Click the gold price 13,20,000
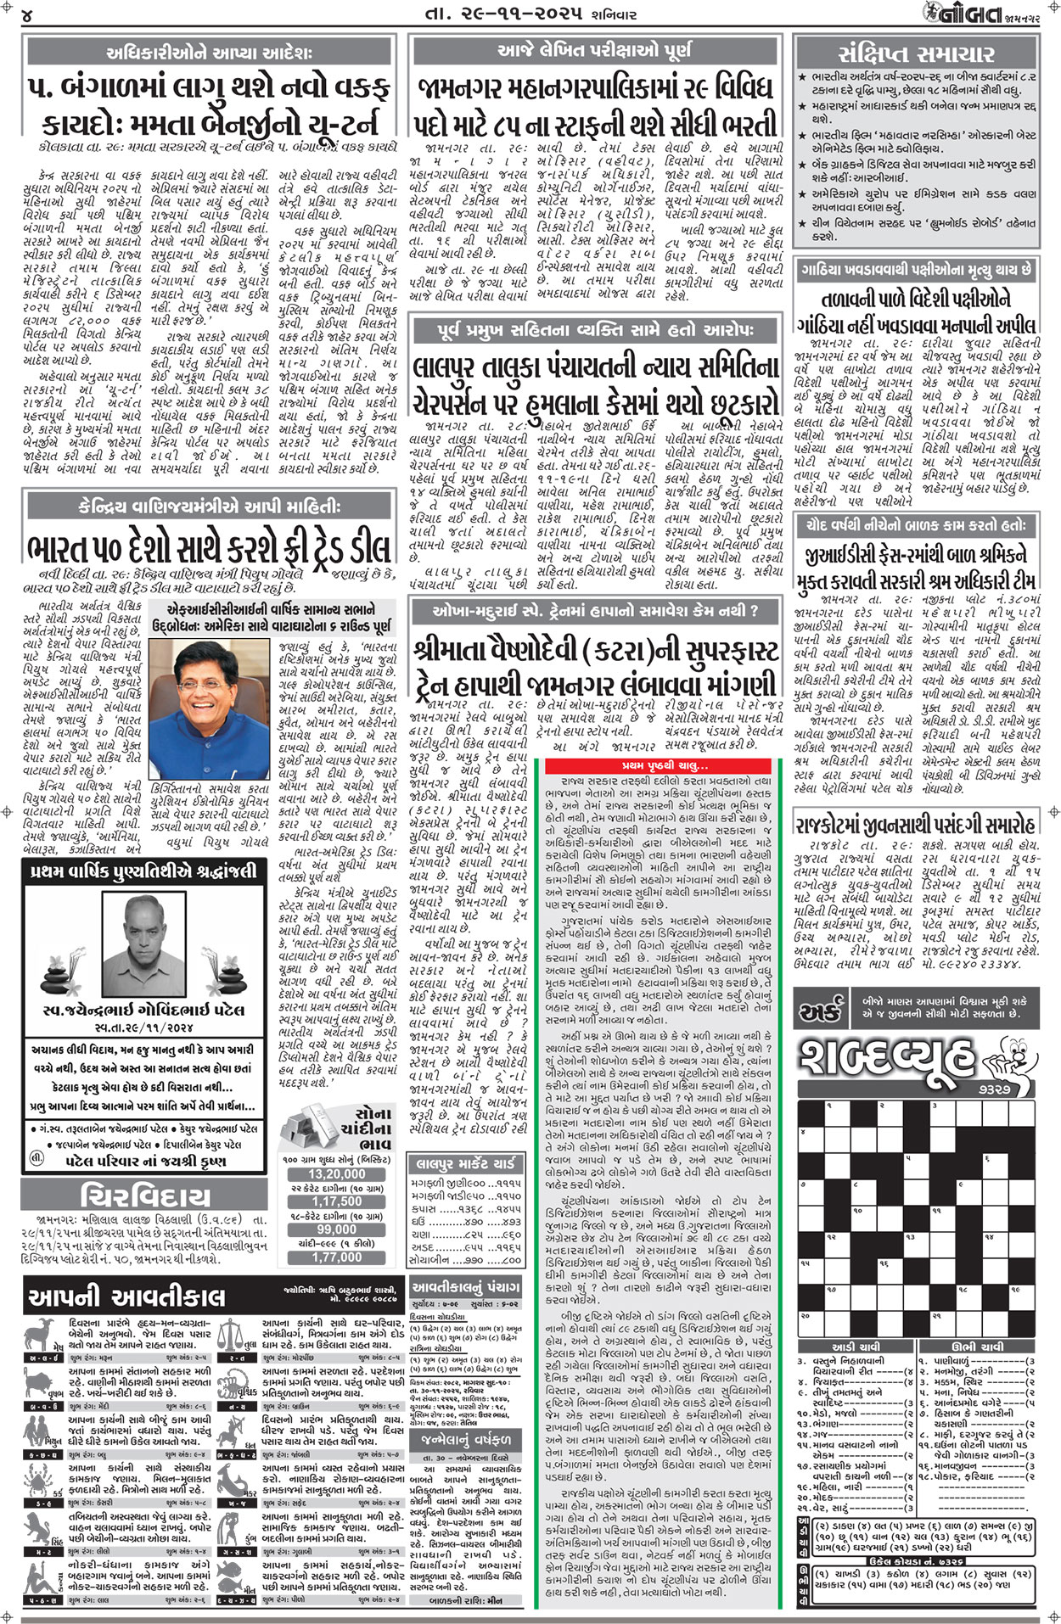(336, 1174)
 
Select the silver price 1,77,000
(336, 1257)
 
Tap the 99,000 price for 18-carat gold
(336, 1229)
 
